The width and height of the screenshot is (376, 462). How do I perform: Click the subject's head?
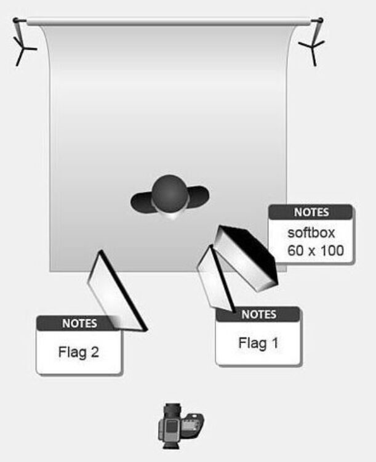(x=169, y=193)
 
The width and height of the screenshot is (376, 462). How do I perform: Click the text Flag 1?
(x=258, y=343)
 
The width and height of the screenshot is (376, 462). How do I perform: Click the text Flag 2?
(x=79, y=352)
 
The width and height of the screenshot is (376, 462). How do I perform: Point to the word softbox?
(x=311, y=233)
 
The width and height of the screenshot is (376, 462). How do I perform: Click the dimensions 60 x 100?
(x=315, y=251)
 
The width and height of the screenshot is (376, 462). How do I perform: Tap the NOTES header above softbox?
(x=311, y=212)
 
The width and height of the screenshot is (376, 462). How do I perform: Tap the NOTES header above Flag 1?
(x=258, y=314)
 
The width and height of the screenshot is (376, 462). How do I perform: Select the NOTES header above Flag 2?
(x=79, y=323)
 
